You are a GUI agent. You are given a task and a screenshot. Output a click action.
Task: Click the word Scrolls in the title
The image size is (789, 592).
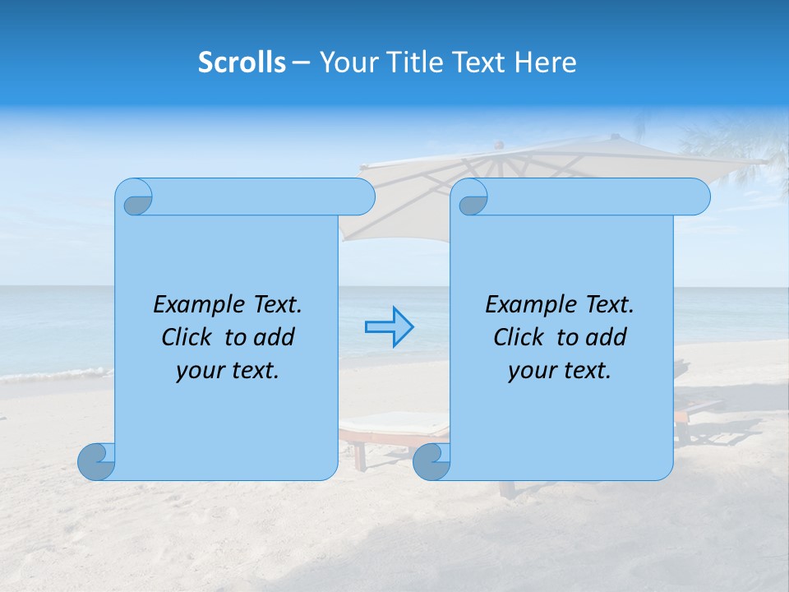[242, 62]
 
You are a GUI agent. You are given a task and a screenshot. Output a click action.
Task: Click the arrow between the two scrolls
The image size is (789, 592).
[389, 327]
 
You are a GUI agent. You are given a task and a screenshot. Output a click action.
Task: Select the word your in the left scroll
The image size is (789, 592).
[198, 372]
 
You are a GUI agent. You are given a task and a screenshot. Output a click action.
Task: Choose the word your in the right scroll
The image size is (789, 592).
[530, 372]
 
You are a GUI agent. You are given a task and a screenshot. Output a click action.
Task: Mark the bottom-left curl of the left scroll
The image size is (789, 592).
[96, 461]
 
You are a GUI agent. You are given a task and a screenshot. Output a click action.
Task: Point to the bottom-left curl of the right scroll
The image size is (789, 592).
[431, 461]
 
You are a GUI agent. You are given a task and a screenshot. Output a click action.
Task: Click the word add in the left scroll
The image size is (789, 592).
[275, 337]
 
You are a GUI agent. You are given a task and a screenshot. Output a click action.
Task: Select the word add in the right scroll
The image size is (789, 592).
[607, 337]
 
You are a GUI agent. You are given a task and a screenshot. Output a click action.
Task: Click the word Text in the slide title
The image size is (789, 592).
[483, 62]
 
